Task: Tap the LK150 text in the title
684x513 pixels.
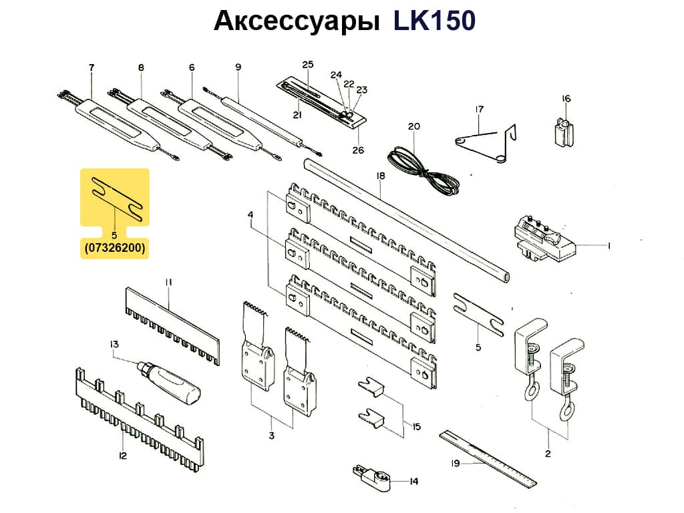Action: coord(434,21)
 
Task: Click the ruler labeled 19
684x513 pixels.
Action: coord(489,459)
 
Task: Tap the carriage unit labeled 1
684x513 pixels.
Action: coord(544,240)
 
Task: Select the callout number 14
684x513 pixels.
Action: coord(413,481)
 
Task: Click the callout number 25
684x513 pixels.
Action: coord(307,65)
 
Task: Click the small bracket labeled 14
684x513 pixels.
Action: coord(369,476)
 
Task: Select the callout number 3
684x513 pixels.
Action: coord(271,436)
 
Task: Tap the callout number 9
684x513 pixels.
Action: coord(238,67)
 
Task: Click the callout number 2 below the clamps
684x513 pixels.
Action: coord(548,454)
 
